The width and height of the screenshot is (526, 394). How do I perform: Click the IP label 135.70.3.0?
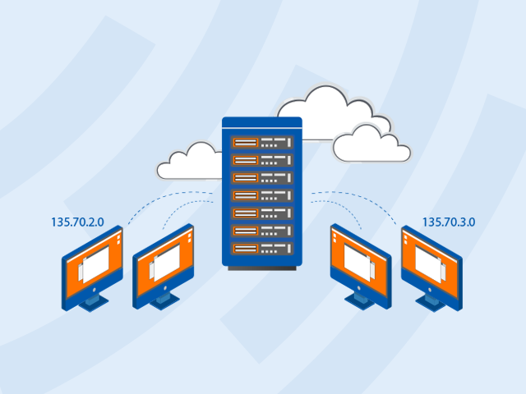coord(450,222)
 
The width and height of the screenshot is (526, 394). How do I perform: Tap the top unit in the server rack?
coord(262,142)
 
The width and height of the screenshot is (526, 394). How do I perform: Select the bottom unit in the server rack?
coord(262,249)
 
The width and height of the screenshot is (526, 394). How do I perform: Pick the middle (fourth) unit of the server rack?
coord(262,195)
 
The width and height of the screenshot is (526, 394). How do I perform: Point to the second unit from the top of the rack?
coord(262,160)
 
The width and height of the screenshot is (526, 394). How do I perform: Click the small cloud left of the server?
coord(190,162)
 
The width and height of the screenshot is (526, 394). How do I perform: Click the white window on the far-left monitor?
coord(96,263)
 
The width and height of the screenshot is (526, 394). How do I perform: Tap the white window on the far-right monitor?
coord(430,262)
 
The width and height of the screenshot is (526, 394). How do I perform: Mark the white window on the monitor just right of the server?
coord(358,262)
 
